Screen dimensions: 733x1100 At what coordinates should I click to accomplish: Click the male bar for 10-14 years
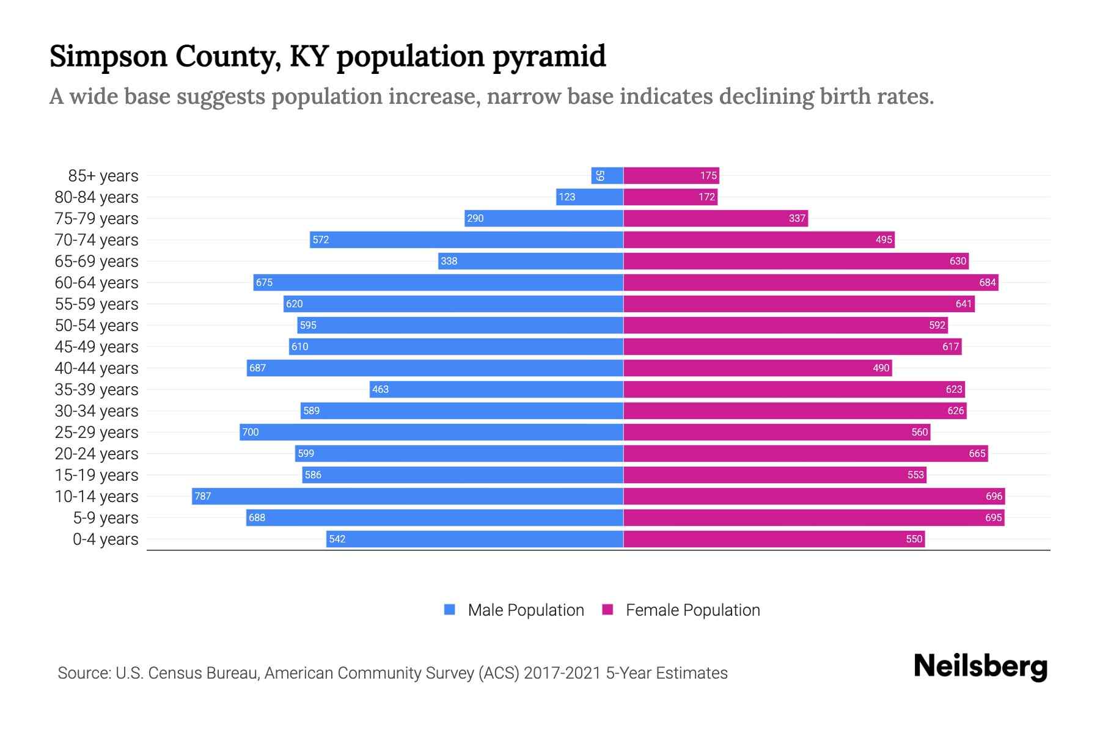coord(408,496)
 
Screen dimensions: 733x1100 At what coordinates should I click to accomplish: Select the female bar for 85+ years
coord(671,176)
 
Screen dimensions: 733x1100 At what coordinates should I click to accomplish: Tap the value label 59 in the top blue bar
coord(600,176)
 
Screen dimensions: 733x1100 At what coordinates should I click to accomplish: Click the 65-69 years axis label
coord(97,261)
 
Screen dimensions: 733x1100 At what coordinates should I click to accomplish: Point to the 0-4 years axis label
coord(105,539)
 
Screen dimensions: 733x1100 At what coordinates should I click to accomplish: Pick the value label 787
coord(202,497)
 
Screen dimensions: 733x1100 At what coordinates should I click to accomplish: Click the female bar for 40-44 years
coord(758,368)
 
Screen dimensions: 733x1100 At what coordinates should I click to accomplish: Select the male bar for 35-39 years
coord(496,389)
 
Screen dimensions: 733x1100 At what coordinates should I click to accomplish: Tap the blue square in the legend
coord(450,610)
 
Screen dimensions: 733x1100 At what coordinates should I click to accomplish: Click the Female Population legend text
coord(692,610)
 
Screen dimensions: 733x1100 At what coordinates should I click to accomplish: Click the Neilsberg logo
coord(980,666)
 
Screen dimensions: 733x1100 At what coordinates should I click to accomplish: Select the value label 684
coord(987,283)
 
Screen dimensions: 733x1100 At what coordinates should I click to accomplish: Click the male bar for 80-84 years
coord(590,197)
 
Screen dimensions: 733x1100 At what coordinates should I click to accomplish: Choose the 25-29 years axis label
coord(97,432)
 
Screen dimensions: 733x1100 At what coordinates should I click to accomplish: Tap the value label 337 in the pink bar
coord(797,219)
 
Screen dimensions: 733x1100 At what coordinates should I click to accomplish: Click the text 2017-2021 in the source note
coord(562,673)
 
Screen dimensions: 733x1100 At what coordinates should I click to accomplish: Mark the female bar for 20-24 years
coord(805,453)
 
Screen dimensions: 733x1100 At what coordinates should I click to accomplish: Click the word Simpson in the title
coord(108,56)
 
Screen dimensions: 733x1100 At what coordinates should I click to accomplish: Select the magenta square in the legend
coord(607,610)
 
